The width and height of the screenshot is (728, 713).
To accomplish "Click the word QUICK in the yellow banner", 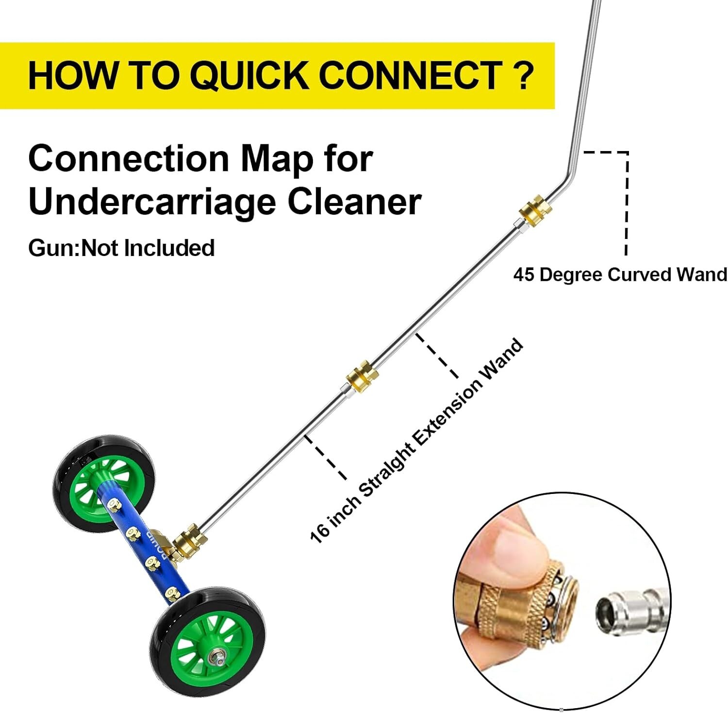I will coord(249,76).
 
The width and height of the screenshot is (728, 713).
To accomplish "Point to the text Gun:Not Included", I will coord(121,248).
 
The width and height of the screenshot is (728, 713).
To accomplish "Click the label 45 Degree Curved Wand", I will coord(620,274).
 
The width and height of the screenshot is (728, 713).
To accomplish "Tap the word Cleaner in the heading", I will coord(354,202).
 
